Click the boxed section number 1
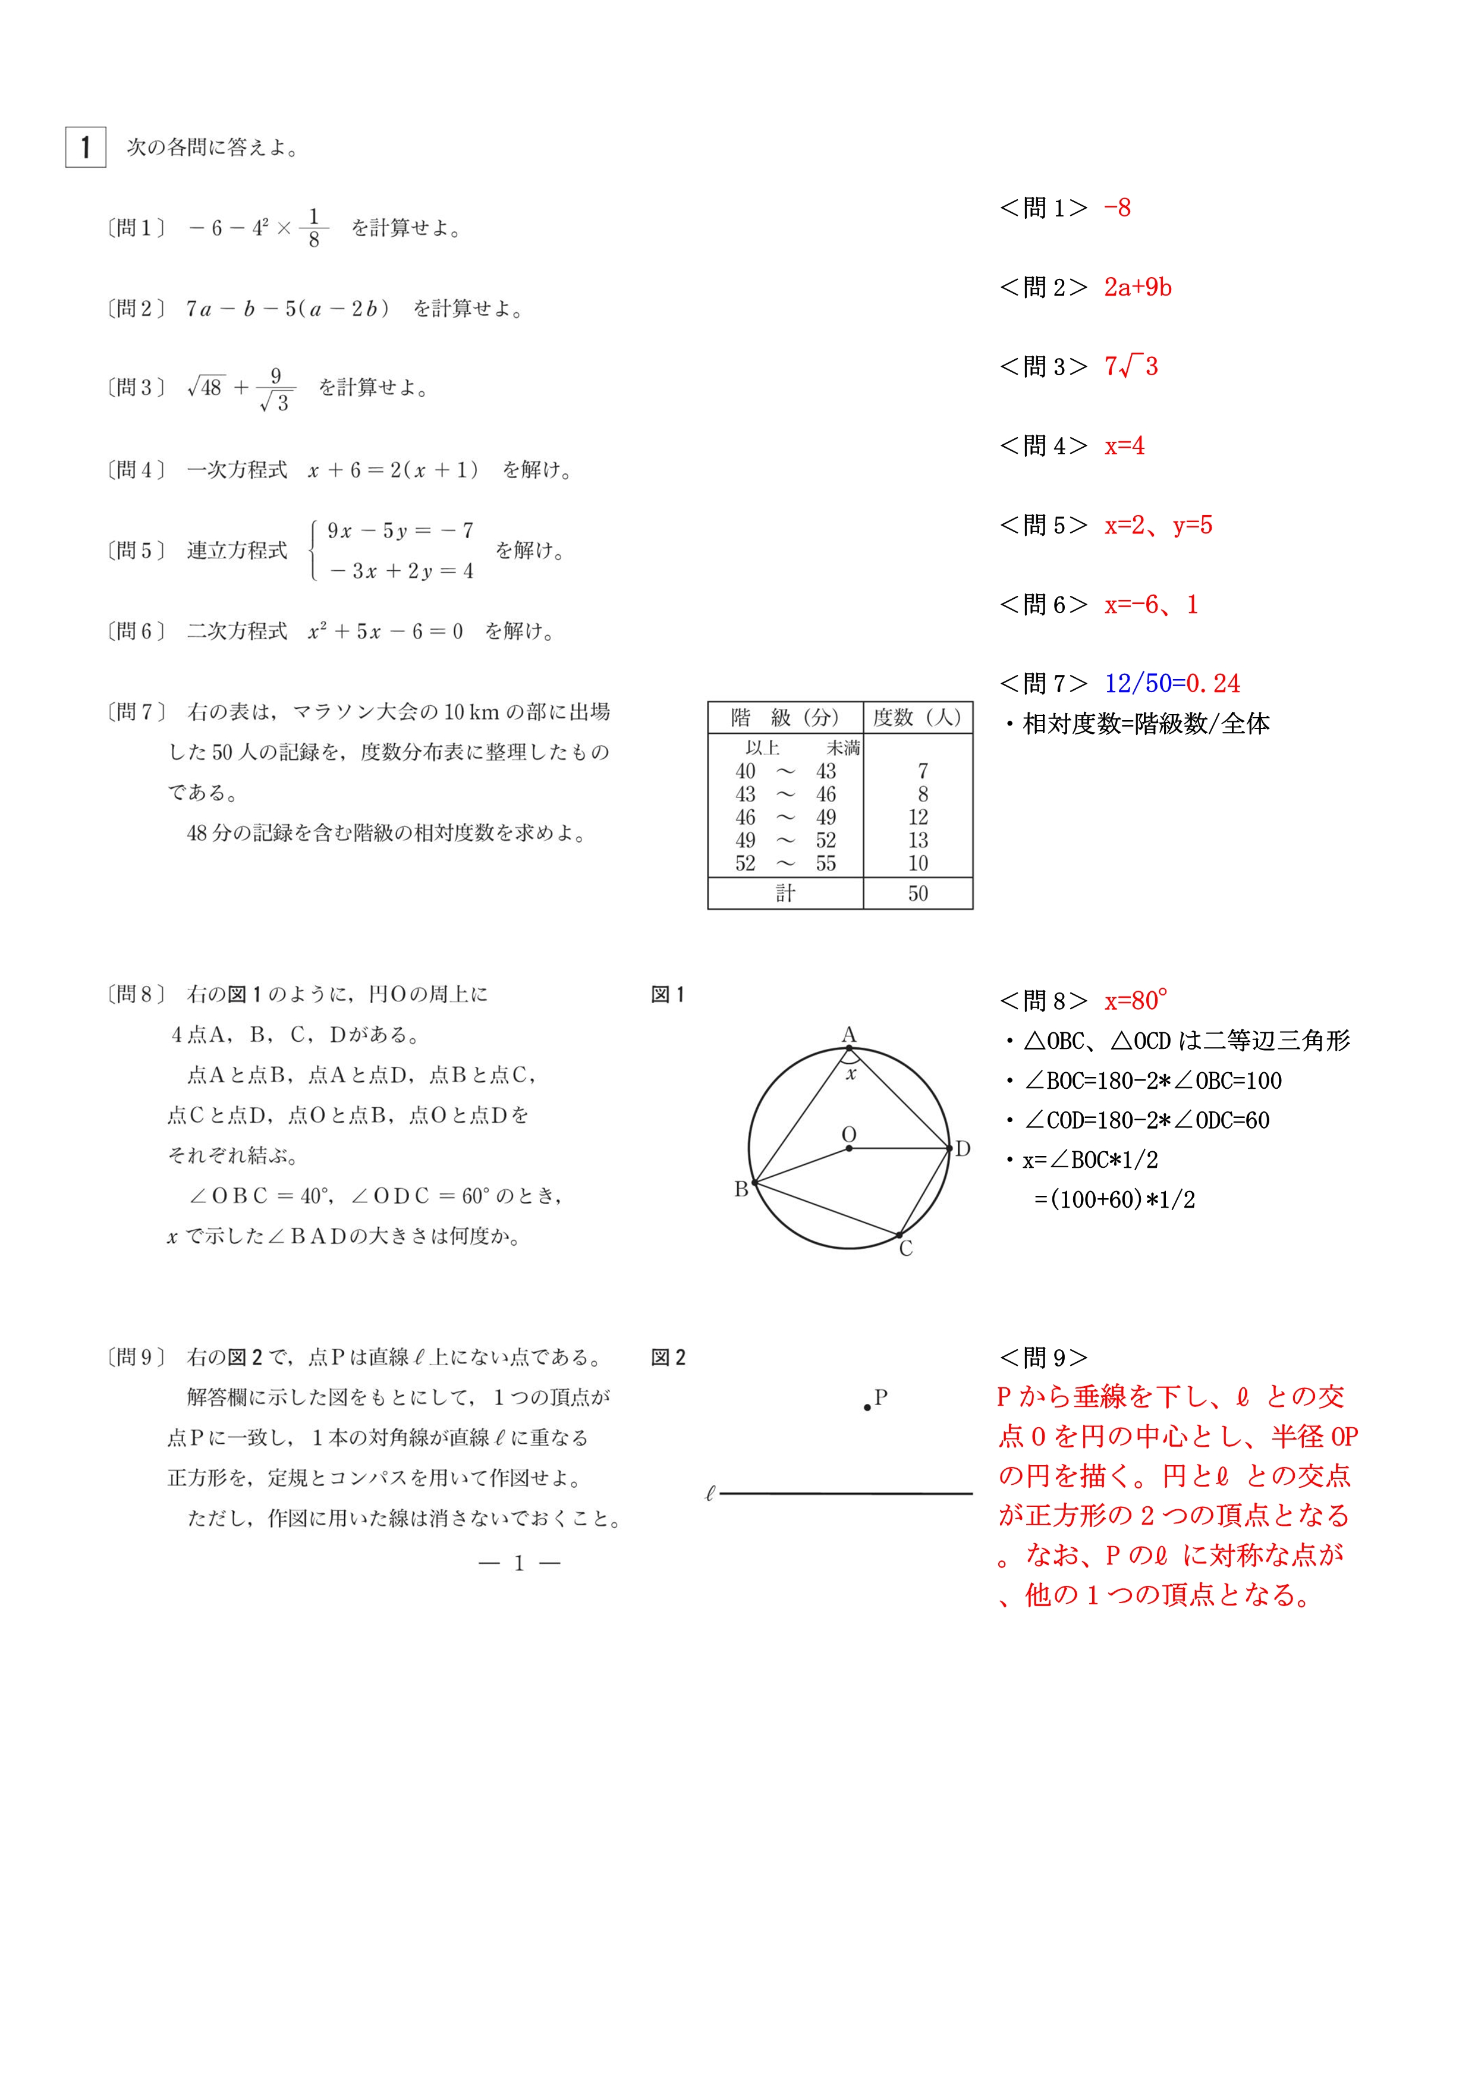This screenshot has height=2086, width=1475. pos(86,147)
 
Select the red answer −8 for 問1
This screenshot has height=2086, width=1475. pos(1117,208)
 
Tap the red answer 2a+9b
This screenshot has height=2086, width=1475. pos(1137,287)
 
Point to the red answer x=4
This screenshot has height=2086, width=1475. pos(1124,446)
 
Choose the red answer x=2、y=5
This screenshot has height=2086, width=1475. pos(1158,525)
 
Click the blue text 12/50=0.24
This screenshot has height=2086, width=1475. pos(1172,683)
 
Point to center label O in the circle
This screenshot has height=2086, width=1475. pos(848,1135)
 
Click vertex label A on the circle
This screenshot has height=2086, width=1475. pos(848,1035)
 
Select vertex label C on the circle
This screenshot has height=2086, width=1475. pos(905,1249)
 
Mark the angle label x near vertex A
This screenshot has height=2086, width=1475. pos(851,1075)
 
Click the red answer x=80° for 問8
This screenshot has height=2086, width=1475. pos(1136,1001)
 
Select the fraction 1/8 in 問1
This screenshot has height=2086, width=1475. pos(313,227)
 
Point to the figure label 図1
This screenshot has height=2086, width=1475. pos(668,995)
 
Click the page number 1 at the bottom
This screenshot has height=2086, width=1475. pos(518,1563)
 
